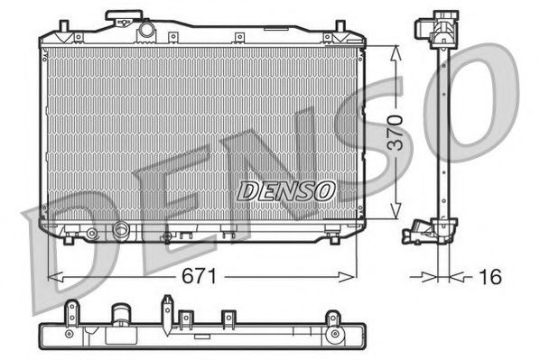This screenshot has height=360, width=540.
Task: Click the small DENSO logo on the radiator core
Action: tap(286, 190)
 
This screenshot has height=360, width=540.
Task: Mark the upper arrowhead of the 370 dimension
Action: tap(394, 51)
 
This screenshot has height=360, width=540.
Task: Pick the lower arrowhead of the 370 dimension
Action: tap(394, 215)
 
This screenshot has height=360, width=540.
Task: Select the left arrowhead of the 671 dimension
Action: tap(52, 276)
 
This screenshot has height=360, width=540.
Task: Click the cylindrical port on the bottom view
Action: tap(121, 318)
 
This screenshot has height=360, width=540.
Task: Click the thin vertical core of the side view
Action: tap(442, 135)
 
